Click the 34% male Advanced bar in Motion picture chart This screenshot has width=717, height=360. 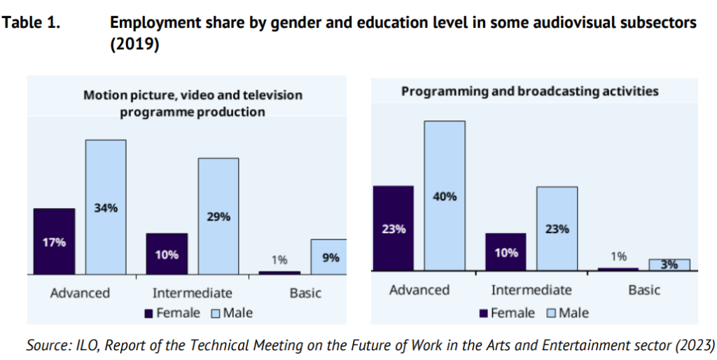[x=106, y=207]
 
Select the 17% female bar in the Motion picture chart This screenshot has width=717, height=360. [x=54, y=241]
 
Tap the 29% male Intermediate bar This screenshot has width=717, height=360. [x=218, y=216]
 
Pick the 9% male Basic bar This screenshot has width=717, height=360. [x=328, y=256]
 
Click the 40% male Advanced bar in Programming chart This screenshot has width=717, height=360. [x=445, y=195]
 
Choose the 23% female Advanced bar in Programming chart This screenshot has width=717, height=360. [x=393, y=228]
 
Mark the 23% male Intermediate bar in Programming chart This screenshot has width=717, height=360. [x=557, y=228]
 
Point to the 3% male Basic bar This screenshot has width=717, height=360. [x=669, y=265]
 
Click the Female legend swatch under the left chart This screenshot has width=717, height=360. [x=148, y=313]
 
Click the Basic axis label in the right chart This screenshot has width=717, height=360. [x=644, y=290]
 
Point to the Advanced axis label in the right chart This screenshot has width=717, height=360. [x=419, y=290]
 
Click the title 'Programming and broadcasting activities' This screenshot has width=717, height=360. [x=529, y=91]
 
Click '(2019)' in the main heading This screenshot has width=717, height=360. [x=135, y=43]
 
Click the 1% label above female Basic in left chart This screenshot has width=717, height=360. [x=279, y=260]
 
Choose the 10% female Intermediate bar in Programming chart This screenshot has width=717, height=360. [x=505, y=252]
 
